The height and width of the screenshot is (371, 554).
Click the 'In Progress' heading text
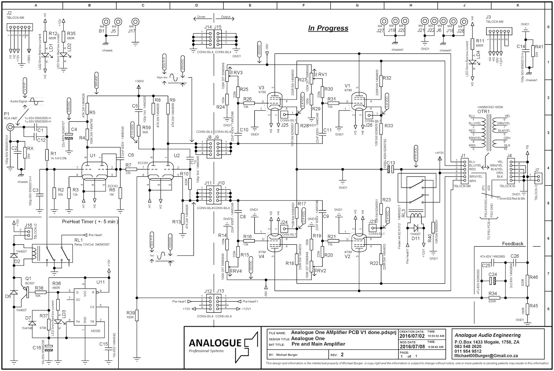pos(328,28)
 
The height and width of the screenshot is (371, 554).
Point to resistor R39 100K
pos(137,316)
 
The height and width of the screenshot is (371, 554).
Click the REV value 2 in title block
pos(342,355)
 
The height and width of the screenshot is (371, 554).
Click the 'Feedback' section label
pos(512,244)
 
